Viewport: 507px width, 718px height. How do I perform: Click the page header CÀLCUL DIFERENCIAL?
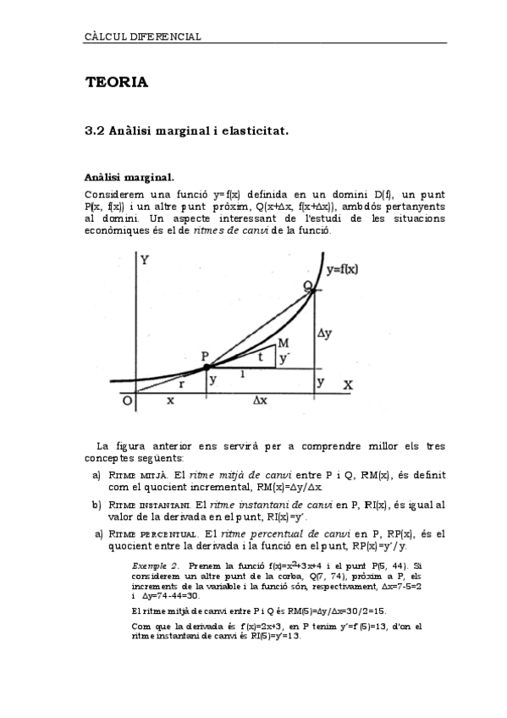pyautogui.click(x=143, y=37)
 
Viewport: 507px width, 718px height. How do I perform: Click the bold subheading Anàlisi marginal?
pyautogui.click(x=130, y=177)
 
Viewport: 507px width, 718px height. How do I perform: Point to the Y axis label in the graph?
pyautogui.click(x=145, y=260)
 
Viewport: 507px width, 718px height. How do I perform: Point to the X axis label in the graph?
pyautogui.click(x=347, y=384)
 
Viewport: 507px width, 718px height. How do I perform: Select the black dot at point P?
pyautogui.click(x=207, y=367)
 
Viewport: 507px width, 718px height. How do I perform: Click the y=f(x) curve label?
pyautogui.click(x=343, y=269)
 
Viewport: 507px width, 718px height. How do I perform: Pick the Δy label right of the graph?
pyautogui.click(x=324, y=334)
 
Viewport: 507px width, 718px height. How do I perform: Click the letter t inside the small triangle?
pyautogui.click(x=261, y=357)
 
